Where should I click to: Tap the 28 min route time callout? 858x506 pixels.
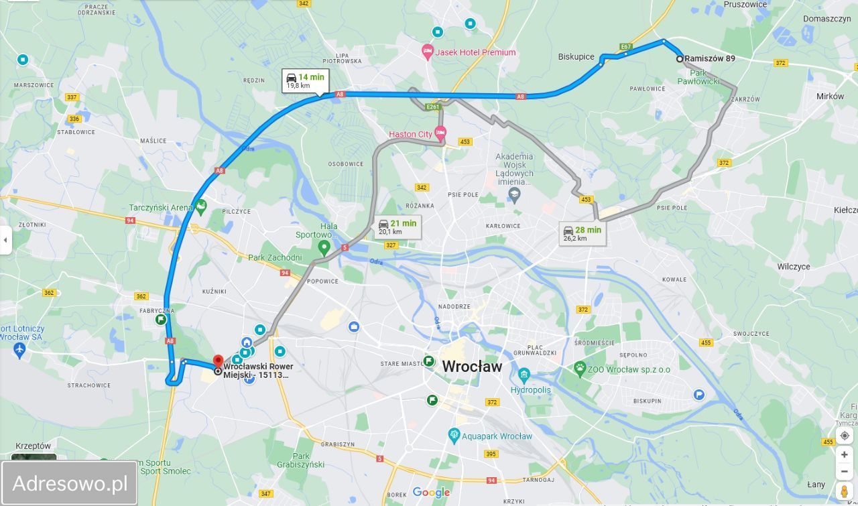(x=583, y=233)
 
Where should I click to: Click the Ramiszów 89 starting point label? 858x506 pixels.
(x=709, y=58)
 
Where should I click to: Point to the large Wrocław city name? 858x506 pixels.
(x=472, y=367)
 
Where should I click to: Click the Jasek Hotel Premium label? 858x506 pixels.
(x=475, y=52)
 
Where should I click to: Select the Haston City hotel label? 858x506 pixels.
(x=411, y=134)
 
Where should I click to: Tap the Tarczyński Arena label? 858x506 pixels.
(x=162, y=208)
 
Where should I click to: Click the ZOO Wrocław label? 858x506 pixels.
(x=629, y=369)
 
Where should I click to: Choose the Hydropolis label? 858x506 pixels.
(x=530, y=389)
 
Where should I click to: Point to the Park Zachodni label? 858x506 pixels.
(x=275, y=257)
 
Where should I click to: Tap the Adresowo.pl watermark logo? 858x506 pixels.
(x=70, y=483)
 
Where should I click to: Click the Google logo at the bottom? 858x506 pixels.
(x=431, y=493)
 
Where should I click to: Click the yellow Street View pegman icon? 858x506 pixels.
(x=844, y=491)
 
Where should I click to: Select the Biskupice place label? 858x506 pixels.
(x=576, y=57)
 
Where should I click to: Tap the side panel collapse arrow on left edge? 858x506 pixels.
(x=5, y=240)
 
